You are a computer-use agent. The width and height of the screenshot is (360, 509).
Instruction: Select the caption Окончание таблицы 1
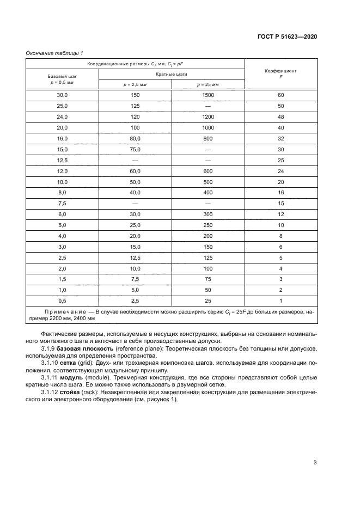coord(54,53)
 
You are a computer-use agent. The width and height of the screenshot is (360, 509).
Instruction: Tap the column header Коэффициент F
coord(280,73)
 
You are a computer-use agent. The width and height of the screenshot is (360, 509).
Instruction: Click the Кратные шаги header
coord(172,73)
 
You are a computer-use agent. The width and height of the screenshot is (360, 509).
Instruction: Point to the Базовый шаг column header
coord(62,79)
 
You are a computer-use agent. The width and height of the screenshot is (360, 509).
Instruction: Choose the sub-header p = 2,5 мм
coord(135,84)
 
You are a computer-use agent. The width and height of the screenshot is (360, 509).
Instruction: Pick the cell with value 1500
coord(208,95)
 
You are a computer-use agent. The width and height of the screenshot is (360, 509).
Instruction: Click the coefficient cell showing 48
coord(280,117)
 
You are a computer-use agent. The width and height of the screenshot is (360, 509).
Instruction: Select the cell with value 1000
coord(208,127)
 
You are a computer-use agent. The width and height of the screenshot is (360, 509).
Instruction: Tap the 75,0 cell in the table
coord(135,149)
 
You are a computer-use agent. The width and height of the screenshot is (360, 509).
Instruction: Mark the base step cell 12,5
coord(62,160)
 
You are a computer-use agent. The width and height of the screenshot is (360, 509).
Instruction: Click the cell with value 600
coord(208,171)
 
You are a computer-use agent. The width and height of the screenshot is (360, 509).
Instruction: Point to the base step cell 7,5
coord(62,203)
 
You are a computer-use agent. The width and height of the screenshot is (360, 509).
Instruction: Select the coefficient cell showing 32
coord(280,138)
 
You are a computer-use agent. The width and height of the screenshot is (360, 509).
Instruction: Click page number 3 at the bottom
coord(315,463)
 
